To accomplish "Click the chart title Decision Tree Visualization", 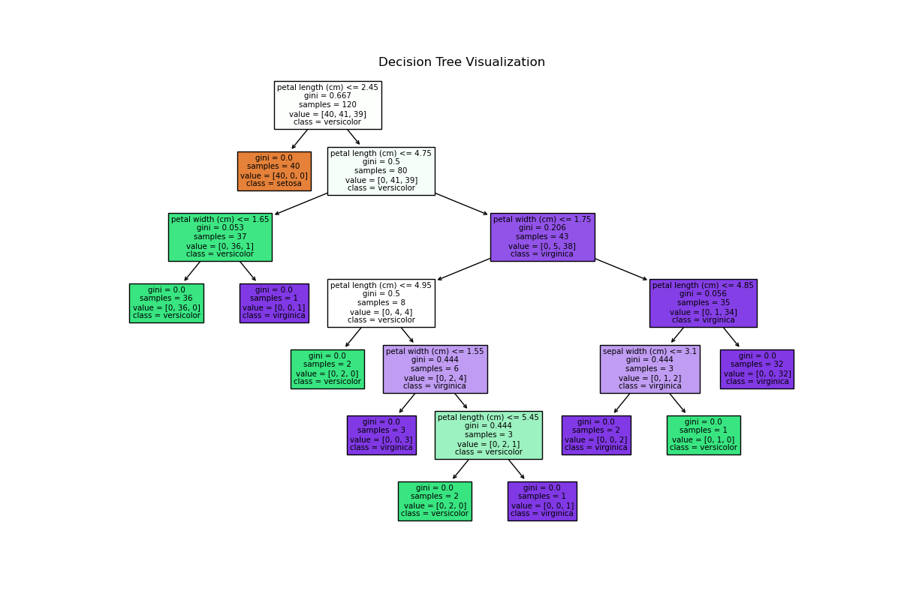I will (462, 62).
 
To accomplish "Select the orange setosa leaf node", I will (274, 171).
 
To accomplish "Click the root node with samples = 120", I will (327, 105).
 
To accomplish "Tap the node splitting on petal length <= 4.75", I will (381, 171).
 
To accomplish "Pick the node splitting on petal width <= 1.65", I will (220, 237).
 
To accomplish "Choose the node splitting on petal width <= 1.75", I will (542, 237).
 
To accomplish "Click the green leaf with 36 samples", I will (166, 303).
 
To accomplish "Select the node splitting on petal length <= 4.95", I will (381, 303).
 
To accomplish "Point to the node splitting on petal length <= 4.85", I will (703, 303).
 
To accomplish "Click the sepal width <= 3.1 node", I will (649, 369).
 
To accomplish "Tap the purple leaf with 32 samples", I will (757, 369).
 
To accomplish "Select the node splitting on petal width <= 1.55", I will (435, 369).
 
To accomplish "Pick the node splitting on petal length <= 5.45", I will (488, 435).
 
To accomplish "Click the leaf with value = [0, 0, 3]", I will (381, 435).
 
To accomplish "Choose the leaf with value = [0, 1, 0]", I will (703, 435).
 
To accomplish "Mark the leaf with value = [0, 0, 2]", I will (595, 435).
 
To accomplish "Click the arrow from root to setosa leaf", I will (300, 139).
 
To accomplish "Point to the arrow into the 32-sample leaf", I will (731, 337).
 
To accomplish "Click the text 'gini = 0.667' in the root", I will (327, 96).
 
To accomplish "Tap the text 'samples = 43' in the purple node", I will (542, 237).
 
